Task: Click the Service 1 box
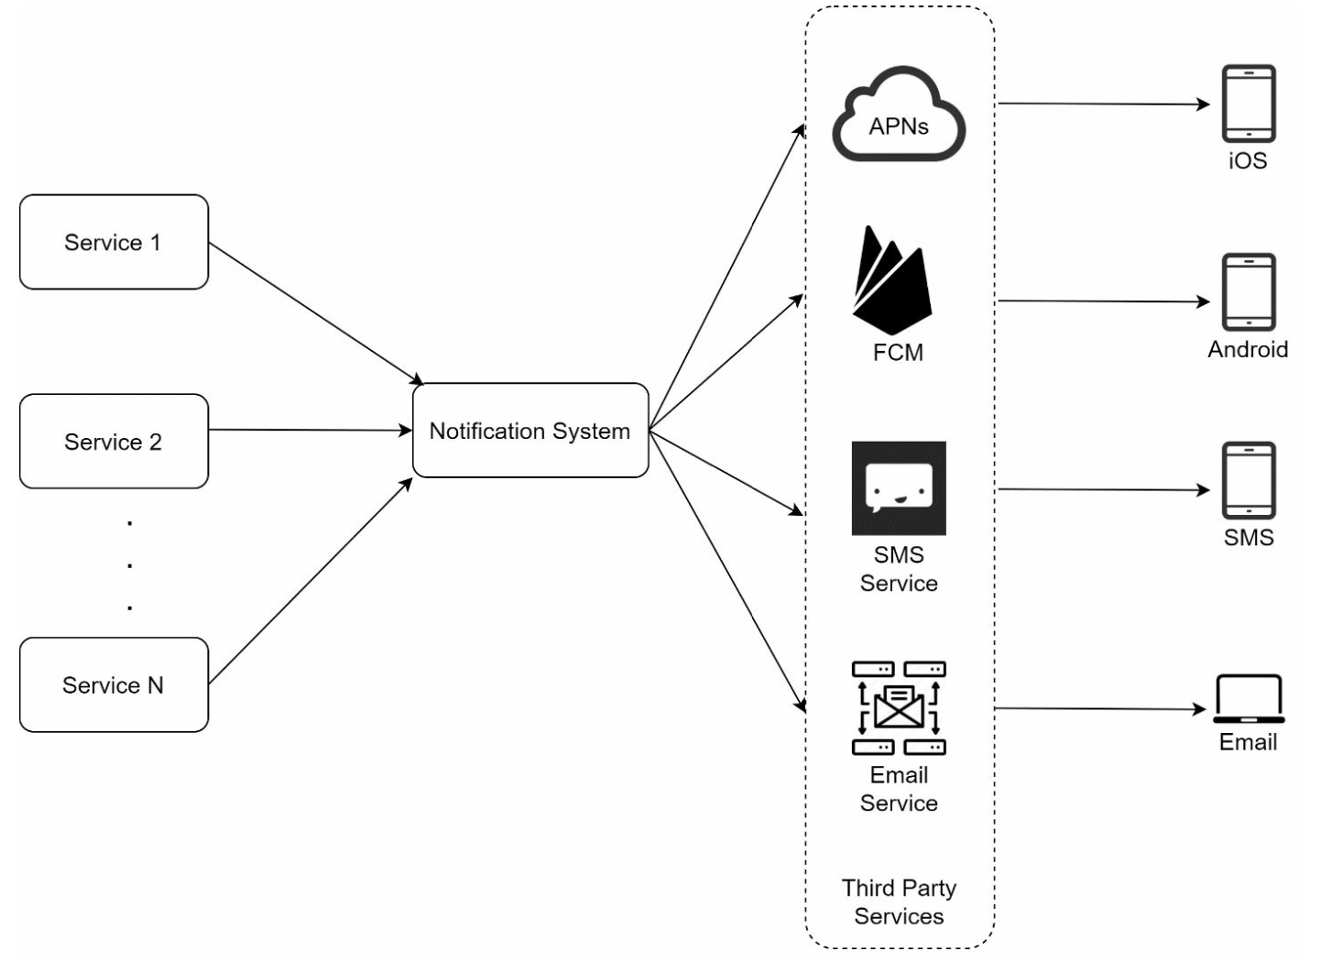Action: [x=114, y=242]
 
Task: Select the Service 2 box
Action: [x=114, y=442]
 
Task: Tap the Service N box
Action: [x=114, y=684]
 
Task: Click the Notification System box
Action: [x=530, y=431]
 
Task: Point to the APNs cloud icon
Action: [x=899, y=115]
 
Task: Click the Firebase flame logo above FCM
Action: [x=891, y=280]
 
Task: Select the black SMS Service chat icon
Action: [x=899, y=488]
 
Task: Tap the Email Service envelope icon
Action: [x=899, y=708]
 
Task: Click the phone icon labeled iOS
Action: [x=1248, y=104]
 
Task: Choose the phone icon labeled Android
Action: [x=1248, y=292]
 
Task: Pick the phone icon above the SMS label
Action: [x=1248, y=481]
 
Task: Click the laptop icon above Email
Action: [x=1249, y=700]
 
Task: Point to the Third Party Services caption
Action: [x=899, y=902]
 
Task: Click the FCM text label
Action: [x=898, y=353]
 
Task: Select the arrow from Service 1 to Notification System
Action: [x=316, y=312]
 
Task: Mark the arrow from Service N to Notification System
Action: [x=310, y=581]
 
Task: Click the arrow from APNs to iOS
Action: [x=1104, y=104]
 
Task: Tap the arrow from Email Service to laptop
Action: [x=1099, y=709]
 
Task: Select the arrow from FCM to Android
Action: [x=1104, y=301]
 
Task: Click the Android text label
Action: [x=1248, y=349]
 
